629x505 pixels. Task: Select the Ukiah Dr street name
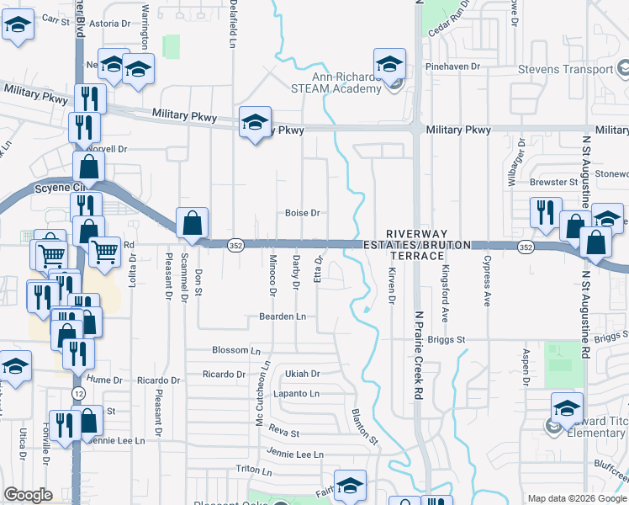point(303,374)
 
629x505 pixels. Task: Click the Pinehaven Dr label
point(452,66)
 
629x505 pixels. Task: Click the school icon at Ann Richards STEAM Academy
point(389,64)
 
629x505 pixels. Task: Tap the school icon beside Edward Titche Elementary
point(568,408)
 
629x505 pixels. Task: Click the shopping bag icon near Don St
point(193,224)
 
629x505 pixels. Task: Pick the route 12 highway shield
point(77,394)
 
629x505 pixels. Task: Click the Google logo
point(29,496)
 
